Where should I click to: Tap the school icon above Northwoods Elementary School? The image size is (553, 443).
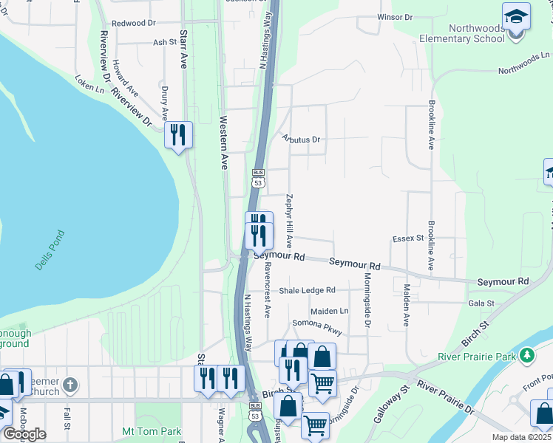click(516, 16)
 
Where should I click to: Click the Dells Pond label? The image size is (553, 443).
click(50, 250)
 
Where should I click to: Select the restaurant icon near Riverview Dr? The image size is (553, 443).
click(178, 135)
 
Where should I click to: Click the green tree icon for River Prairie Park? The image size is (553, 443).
click(526, 356)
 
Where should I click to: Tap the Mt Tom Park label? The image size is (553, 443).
click(152, 430)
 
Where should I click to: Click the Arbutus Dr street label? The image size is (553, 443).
click(300, 139)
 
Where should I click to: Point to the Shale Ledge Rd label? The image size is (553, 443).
click(307, 290)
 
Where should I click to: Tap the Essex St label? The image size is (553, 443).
click(407, 238)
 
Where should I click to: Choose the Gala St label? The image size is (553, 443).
click(481, 303)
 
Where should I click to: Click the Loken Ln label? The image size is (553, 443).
click(89, 82)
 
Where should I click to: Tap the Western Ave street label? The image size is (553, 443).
click(223, 142)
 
